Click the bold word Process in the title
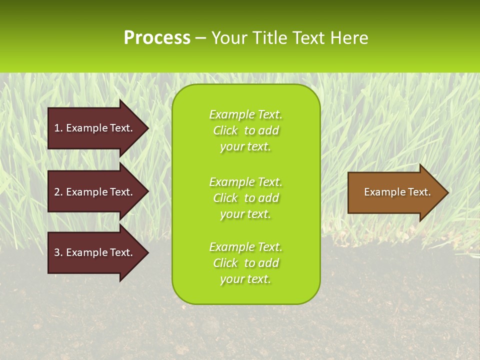click(x=157, y=38)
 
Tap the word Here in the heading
click(x=349, y=38)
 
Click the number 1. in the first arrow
click(x=58, y=128)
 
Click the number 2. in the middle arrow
click(x=58, y=192)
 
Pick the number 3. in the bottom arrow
click(x=58, y=252)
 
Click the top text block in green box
click(x=245, y=130)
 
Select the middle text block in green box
click(x=245, y=198)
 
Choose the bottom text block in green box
click(x=245, y=263)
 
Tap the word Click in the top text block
click(x=225, y=130)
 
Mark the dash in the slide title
click(x=200, y=38)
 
